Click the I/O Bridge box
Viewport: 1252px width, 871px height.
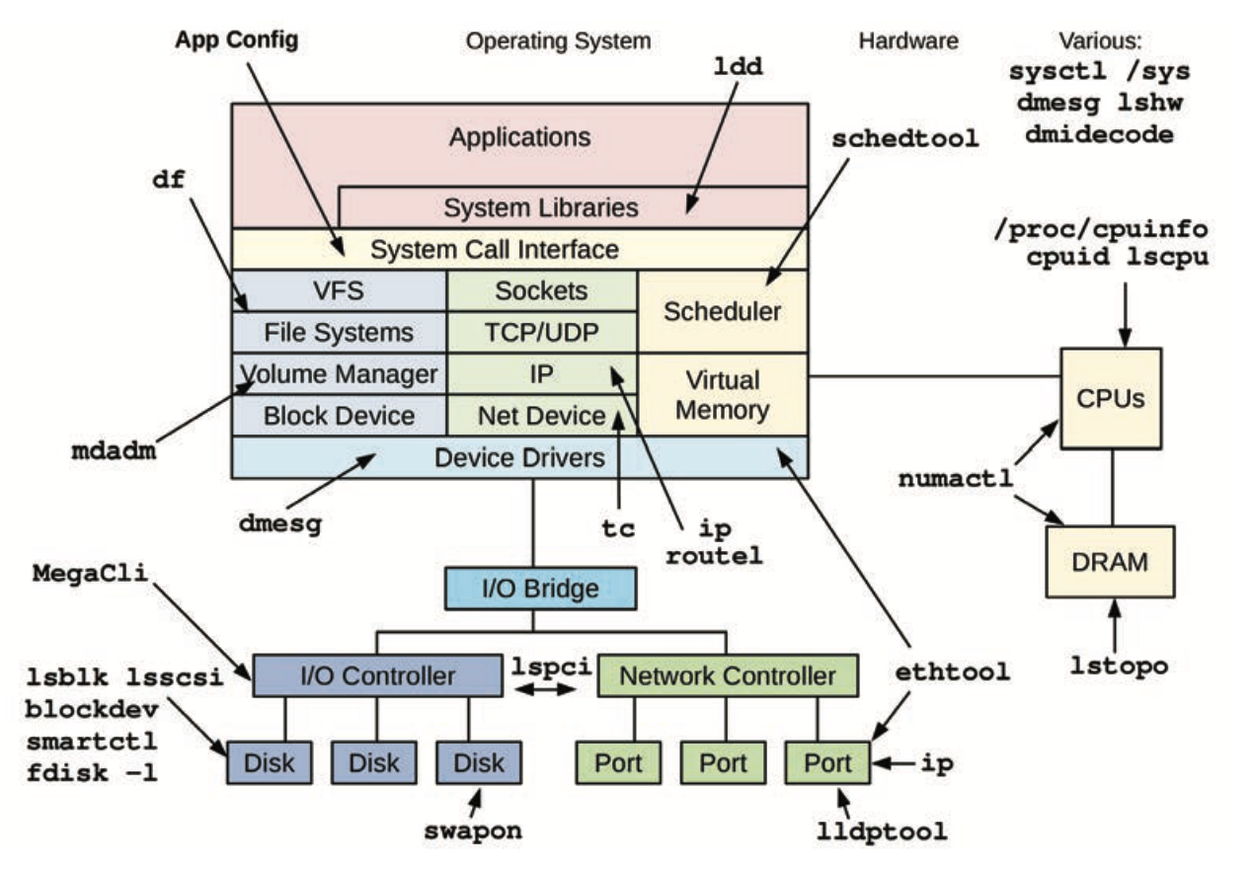[539, 589]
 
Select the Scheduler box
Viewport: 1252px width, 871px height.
[722, 312]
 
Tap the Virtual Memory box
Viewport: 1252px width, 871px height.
[722, 394]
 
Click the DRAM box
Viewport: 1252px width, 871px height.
[1110, 562]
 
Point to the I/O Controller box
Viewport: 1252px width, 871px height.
[377, 676]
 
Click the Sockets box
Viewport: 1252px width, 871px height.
[541, 290]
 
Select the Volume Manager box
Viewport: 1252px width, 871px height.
[339, 374]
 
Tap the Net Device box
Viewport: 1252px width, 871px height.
[541, 416]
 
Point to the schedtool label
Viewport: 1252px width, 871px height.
[904, 138]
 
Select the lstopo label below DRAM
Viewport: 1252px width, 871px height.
[1119, 666]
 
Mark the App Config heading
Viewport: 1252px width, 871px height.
[236, 40]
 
